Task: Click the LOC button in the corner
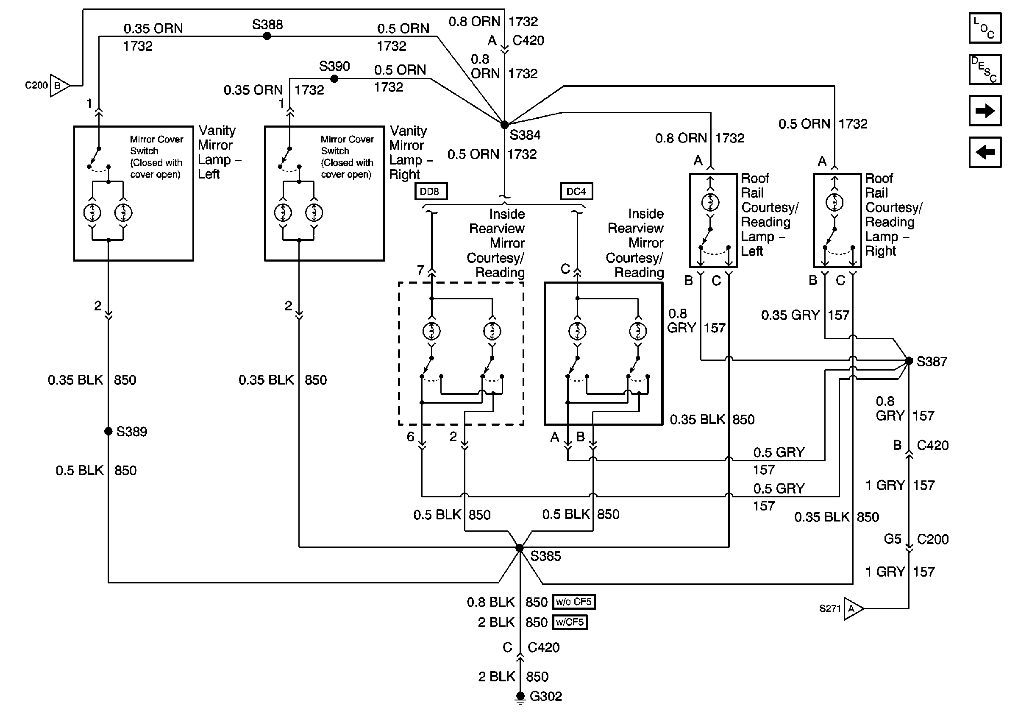[985, 28]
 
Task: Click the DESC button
[985, 69]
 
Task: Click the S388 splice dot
[267, 36]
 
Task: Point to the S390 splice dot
[334, 79]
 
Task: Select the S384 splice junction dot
[505, 125]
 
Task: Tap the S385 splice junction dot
[520, 548]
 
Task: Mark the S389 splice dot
[108, 431]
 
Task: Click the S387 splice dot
[909, 361]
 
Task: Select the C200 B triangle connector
[59, 86]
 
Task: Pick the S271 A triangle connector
[853, 609]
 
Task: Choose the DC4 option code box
[576, 192]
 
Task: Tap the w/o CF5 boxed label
[574, 602]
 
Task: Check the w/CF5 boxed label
[570, 622]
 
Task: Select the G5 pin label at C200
[892, 539]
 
